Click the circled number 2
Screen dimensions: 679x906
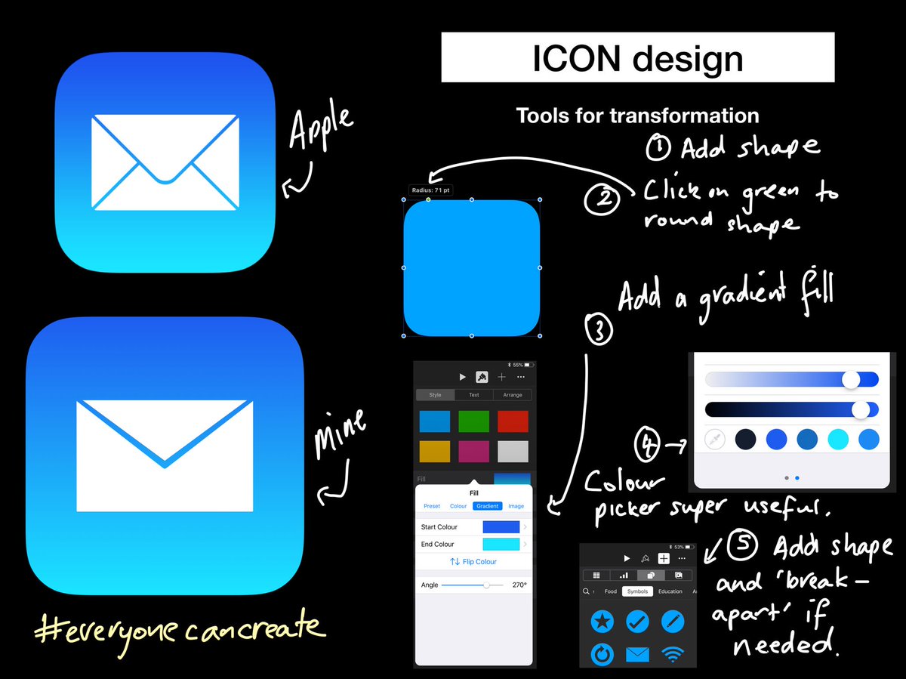click(x=602, y=200)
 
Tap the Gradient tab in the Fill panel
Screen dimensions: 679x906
click(x=487, y=506)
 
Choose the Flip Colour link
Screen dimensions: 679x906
click(x=473, y=562)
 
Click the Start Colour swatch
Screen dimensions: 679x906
click(x=501, y=527)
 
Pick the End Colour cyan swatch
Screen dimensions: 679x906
click(x=501, y=544)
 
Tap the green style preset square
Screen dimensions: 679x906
click(x=474, y=421)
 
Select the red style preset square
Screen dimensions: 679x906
click(x=513, y=421)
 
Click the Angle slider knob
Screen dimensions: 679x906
click(x=486, y=585)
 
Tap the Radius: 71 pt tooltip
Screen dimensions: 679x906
click(x=430, y=190)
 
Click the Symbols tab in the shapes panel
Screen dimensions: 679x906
click(x=636, y=591)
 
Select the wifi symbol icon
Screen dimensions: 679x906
click(x=672, y=654)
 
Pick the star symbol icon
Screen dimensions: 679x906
click(x=602, y=622)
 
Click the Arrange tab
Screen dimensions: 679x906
click(x=513, y=394)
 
